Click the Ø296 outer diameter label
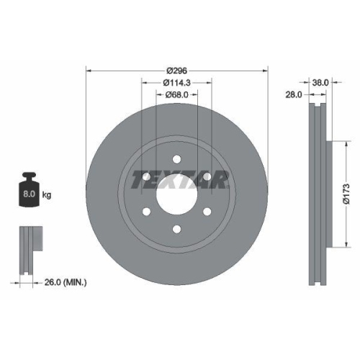[177, 71]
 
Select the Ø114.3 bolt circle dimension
[177, 83]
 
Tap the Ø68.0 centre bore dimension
[177, 94]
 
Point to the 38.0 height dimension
[320, 83]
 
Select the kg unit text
[47, 195]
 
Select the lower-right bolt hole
[207, 212]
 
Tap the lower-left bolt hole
[145, 212]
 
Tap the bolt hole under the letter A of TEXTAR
[207, 176]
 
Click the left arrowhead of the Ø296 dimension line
[89, 71]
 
